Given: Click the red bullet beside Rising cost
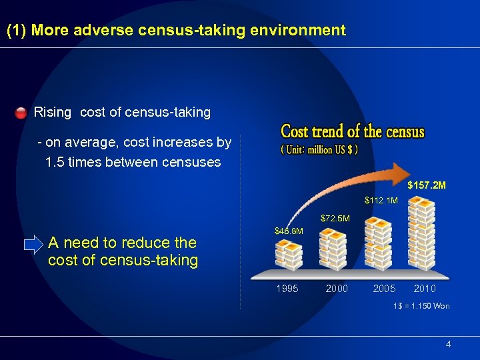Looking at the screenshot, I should (x=21, y=112).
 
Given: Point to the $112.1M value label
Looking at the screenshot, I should (x=381, y=200).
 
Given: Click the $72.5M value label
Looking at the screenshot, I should (x=335, y=218).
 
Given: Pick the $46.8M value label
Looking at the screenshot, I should (x=289, y=231).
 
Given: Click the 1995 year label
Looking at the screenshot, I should (x=287, y=289).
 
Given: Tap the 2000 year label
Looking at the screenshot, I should (x=337, y=289).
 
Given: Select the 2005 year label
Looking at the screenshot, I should (x=384, y=289).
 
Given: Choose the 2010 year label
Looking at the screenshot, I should (x=425, y=289).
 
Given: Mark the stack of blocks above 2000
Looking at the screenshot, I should (x=333, y=248).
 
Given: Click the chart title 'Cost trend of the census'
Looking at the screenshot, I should (x=353, y=131).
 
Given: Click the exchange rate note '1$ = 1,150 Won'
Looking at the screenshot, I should (x=421, y=306).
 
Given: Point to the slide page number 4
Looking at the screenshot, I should (x=448, y=344).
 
